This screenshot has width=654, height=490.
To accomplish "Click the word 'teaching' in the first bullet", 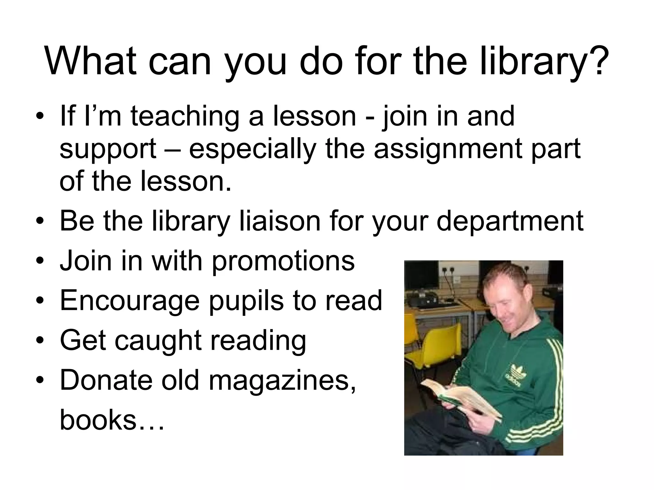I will (x=185, y=117).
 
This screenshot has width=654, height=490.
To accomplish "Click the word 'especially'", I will (x=252, y=149).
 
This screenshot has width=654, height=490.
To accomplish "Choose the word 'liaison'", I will (x=280, y=221).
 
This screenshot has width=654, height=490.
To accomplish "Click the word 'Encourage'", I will (x=130, y=301).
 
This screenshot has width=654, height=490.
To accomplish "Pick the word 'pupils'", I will (x=246, y=301).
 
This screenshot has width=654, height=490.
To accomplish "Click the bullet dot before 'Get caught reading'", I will (x=40, y=340).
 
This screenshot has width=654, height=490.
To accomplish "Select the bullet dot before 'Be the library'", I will (x=40, y=221).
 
